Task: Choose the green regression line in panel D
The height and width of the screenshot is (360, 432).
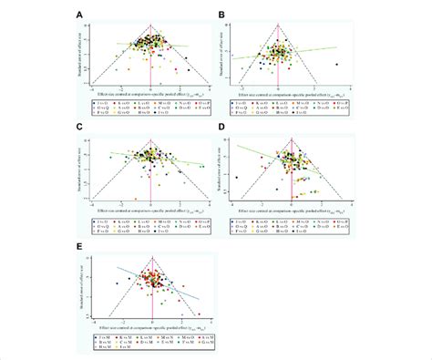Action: pyautogui.click(x=273, y=159)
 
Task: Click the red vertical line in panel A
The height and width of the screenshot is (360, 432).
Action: pyautogui.click(x=150, y=55)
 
